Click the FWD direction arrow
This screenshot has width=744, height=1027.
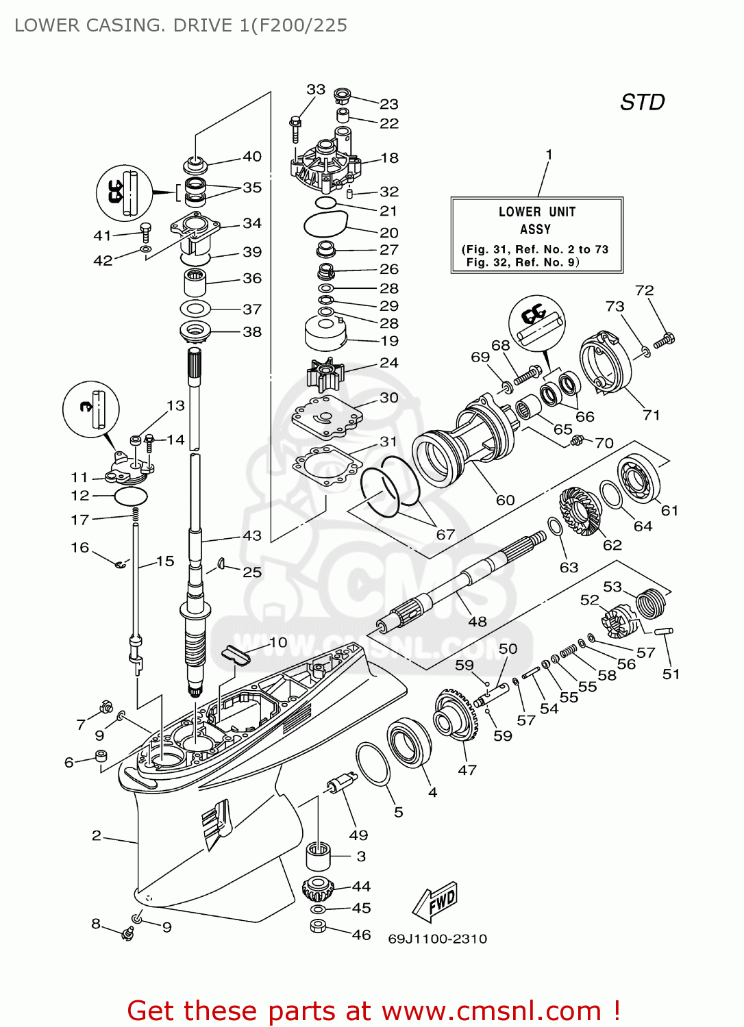[434, 902]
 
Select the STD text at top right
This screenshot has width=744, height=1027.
[642, 102]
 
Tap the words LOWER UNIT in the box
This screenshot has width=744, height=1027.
[536, 212]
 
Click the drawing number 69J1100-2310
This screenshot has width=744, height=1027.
[437, 939]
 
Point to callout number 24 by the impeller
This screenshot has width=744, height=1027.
[388, 362]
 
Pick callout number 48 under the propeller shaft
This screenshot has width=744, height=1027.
[477, 621]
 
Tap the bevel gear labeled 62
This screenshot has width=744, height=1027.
[580, 511]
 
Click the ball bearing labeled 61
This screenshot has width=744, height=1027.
[638, 477]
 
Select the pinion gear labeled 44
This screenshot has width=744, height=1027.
[318, 889]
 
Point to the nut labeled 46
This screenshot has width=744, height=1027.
[318, 926]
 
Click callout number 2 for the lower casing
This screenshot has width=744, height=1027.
[97, 835]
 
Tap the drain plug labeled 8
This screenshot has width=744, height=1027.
[127, 933]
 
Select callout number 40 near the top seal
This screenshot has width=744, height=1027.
[252, 156]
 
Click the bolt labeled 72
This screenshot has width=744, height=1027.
[664, 340]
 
